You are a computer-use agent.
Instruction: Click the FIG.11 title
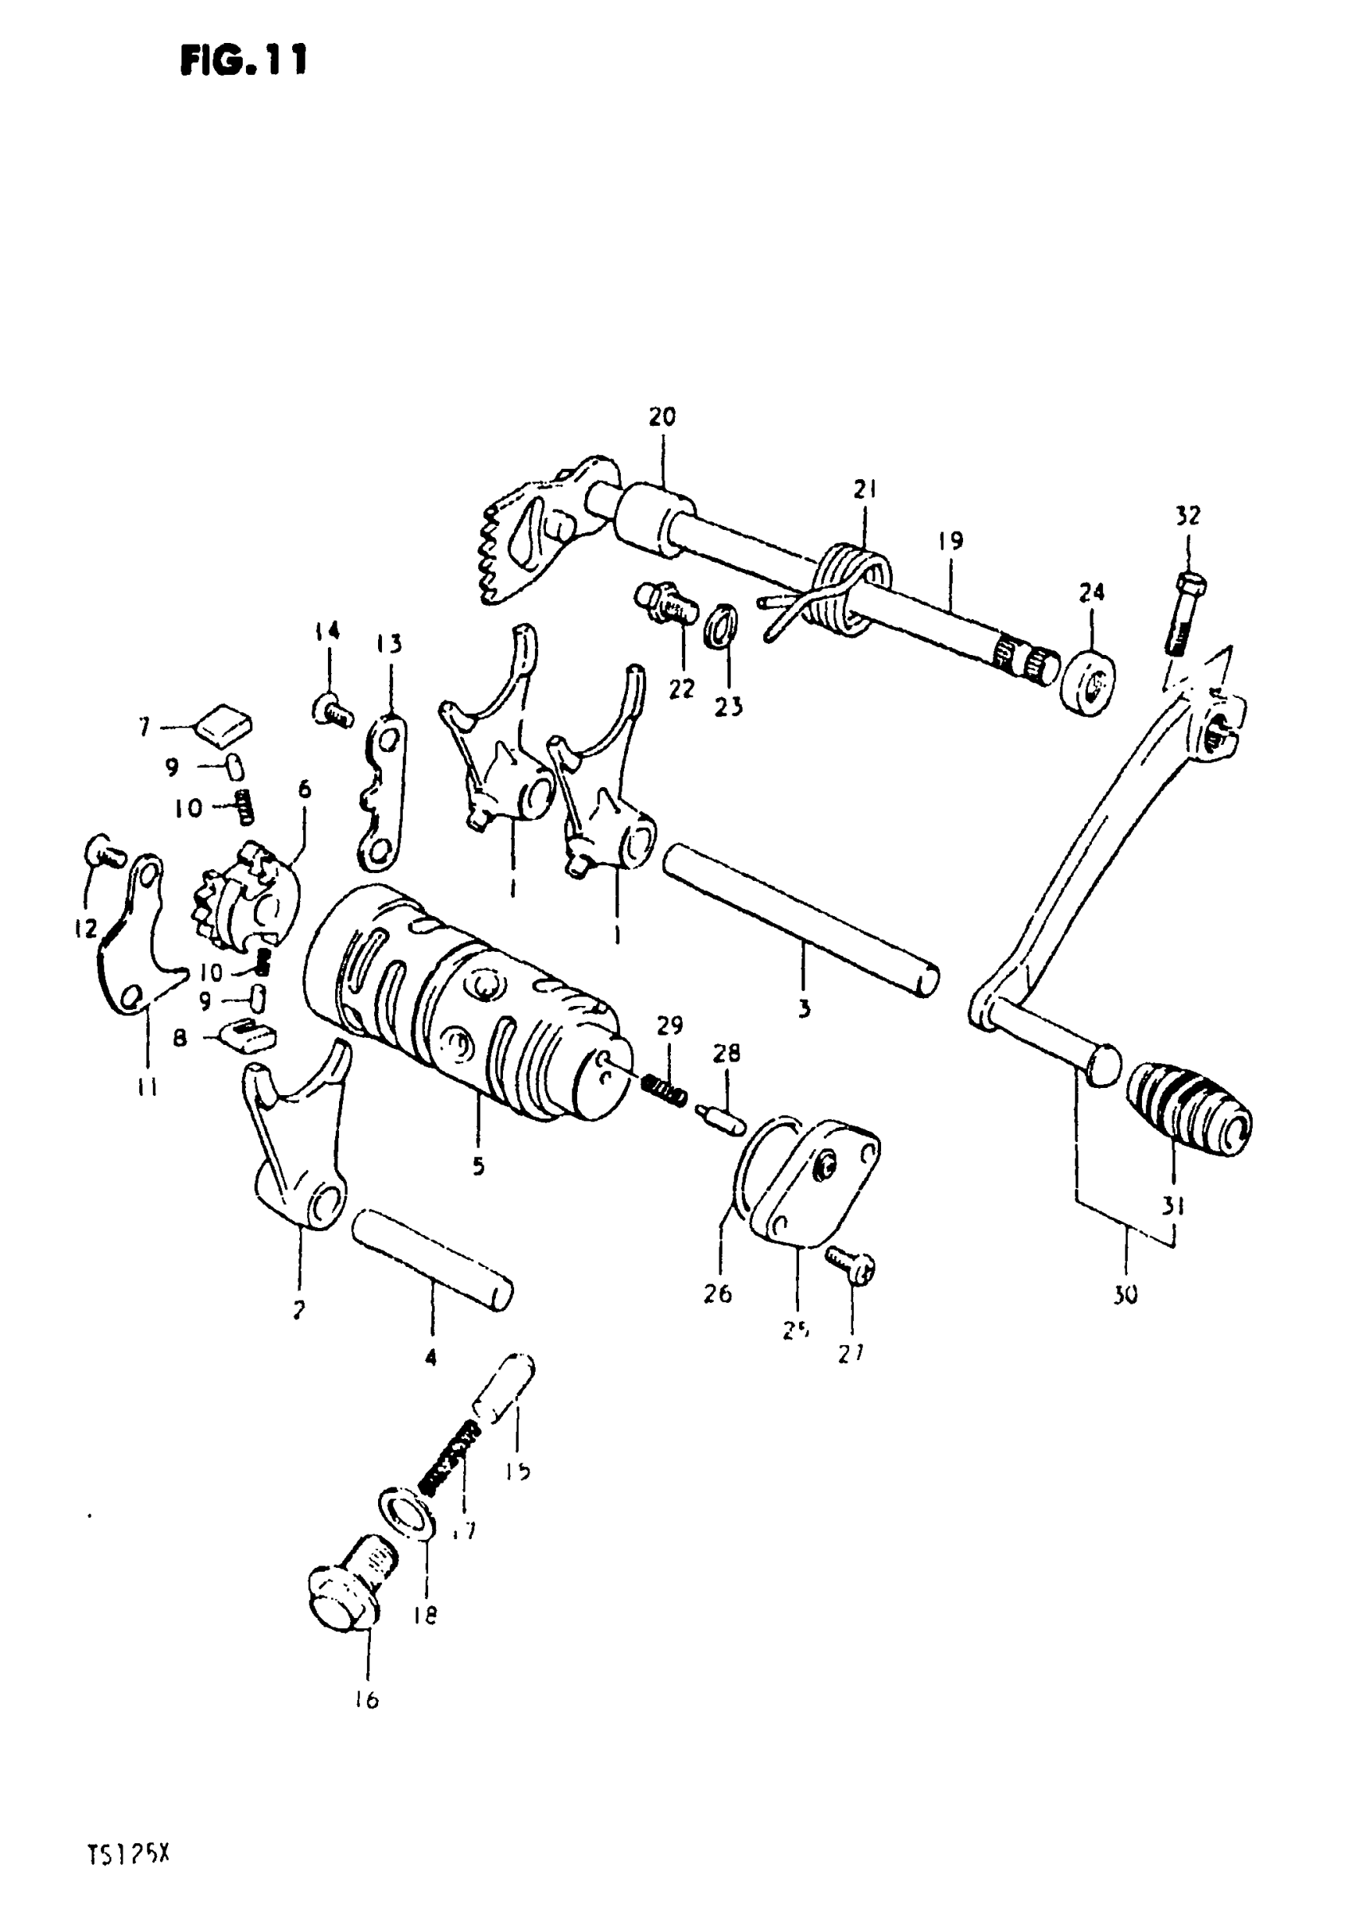point(244,60)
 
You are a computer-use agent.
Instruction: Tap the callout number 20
point(661,417)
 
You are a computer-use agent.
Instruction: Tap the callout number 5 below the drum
point(478,1166)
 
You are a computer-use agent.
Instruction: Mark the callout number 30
point(1126,1296)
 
